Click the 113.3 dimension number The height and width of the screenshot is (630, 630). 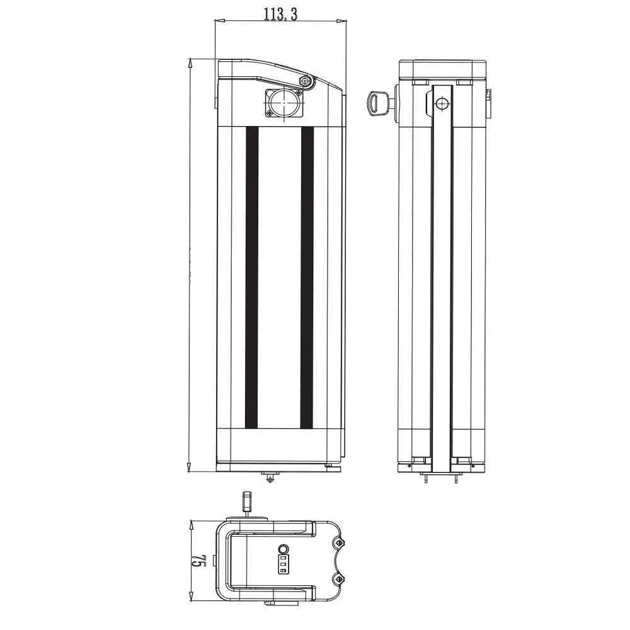(280, 14)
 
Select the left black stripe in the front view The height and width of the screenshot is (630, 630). (251, 277)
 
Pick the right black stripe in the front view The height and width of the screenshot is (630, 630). (307, 277)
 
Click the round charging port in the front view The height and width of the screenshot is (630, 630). (284, 103)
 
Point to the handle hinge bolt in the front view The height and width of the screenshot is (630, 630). (307, 81)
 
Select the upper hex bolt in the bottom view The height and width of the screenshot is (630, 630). (339, 543)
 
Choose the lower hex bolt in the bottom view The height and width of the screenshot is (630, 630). (339, 579)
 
